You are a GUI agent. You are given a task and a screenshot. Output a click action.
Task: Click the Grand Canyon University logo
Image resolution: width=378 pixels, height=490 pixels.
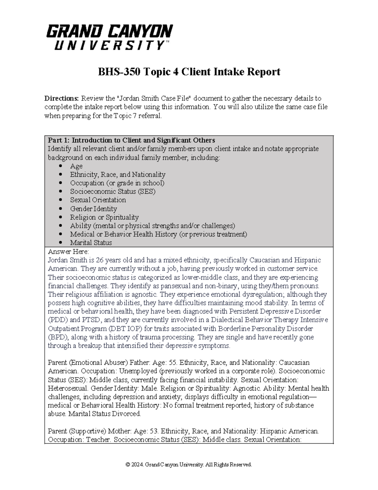pyautogui.click(x=109, y=37)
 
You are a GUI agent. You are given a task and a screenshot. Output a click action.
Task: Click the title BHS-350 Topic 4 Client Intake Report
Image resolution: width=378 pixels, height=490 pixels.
pyautogui.click(x=189, y=72)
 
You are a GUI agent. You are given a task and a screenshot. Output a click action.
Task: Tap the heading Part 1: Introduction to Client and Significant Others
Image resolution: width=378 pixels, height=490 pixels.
pyautogui.click(x=131, y=140)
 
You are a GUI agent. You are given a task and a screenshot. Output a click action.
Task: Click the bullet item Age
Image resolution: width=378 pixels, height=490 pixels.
pyautogui.click(x=76, y=166)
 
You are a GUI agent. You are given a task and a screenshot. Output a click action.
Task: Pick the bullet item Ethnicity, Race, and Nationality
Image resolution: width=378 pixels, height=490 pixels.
pyautogui.click(x=117, y=174)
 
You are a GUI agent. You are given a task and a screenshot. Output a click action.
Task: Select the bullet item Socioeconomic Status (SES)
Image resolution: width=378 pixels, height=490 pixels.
pyautogui.click(x=112, y=192)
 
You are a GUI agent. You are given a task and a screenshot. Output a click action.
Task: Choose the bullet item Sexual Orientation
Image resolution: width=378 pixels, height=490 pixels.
pyautogui.click(x=98, y=200)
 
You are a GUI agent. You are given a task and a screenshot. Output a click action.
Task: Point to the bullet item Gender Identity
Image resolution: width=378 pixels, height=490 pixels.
pyautogui.click(x=93, y=209)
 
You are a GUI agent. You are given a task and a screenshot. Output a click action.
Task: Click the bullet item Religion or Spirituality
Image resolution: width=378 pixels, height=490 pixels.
pyautogui.click(x=104, y=217)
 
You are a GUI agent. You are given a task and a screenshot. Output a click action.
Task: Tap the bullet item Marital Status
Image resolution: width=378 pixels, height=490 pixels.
pyautogui.click(x=91, y=243)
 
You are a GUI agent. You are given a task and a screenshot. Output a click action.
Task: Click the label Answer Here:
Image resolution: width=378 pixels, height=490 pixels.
pyautogui.click(x=68, y=251)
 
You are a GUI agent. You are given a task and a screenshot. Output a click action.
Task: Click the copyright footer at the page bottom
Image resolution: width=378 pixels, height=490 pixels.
pyautogui.click(x=189, y=465)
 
